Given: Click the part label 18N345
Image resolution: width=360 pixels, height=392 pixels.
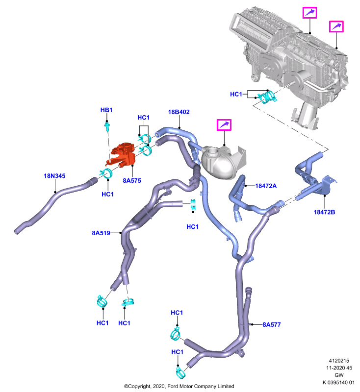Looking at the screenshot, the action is pyautogui.click(x=54, y=176).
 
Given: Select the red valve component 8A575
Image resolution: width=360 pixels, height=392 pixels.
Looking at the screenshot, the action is pyautogui.click(x=122, y=155).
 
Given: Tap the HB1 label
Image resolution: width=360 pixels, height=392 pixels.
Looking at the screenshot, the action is pyautogui.click(x=106, y=110).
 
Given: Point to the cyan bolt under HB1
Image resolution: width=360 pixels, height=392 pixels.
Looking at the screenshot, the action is pyautogui.click(x=107, y=127).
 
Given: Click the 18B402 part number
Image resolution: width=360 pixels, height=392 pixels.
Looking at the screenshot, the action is pyautogui.click(x=179, y=112).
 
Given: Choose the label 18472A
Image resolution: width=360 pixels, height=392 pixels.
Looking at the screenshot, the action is pyautogui.click(x=266, y=186).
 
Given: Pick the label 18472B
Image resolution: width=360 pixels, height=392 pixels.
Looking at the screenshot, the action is pyautogui.click(x=324, y=212).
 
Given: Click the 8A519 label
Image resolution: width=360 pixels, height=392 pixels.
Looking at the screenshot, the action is pyautogui.click(x=101, y=233).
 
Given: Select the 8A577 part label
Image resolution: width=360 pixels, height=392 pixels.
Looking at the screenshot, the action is pyautogui.click(x=271, y=324).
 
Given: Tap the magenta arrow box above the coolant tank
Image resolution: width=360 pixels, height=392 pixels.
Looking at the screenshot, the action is pyautogui.click(x=224, y=125).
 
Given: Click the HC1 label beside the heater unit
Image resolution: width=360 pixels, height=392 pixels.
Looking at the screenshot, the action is pyautogui.click(x=236, y=94).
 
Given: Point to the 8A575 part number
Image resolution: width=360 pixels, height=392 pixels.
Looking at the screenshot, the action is pyautogui.click(x=132, y=180).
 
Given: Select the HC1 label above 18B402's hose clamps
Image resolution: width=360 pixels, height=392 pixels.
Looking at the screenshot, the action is pyautogui.click(x=143, y=118).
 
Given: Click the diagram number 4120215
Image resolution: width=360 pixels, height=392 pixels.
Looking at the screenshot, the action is pyautogui.click(x=339, y=361).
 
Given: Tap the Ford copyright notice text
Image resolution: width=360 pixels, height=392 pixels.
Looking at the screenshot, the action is pyautogui.click(x=179, y=386).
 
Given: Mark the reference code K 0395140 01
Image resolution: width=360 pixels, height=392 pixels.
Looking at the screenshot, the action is pyautogui.click(x=338, y=382).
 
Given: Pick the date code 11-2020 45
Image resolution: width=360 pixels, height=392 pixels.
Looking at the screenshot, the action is pyautogui.click(x=339, y=368).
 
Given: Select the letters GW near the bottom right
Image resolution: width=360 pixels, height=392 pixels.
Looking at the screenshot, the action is pyautogui.click(x=339, y=375).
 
